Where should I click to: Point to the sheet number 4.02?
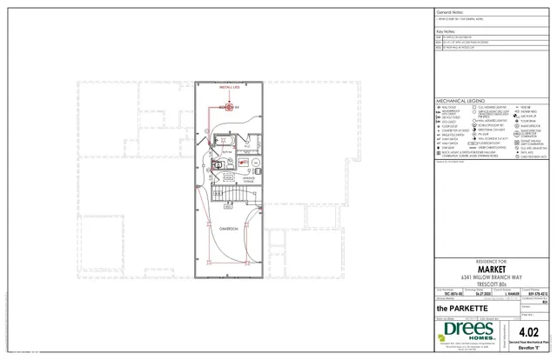pos(535,331)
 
